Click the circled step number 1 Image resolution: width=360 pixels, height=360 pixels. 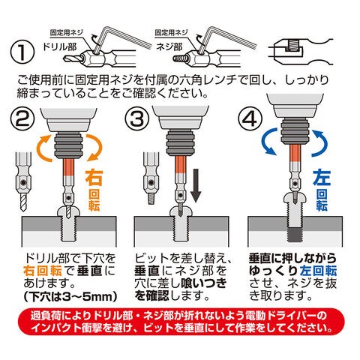(22, 52)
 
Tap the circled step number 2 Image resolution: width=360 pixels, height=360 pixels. (22, 119)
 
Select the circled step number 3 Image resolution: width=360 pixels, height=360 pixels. (137, 118)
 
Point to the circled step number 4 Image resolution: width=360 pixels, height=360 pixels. (250, 119)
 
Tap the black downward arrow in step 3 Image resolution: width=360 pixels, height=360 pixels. (196, 185)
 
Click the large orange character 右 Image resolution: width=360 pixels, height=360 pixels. (94, 178)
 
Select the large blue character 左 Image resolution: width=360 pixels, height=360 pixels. (322, 177)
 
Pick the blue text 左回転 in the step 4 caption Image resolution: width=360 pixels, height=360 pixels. (318, 271)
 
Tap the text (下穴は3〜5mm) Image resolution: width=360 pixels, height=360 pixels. (70, 296)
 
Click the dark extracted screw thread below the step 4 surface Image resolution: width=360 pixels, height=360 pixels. (295, 235)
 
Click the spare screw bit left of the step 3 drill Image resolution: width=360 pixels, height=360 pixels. (151, 178)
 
